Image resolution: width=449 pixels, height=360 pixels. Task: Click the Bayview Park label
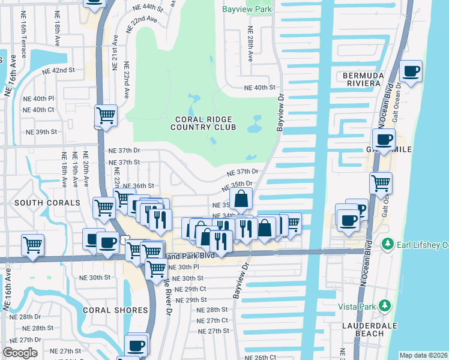[x=247, y=10]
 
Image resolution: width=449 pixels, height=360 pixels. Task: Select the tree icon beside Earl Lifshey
[x=388, y=244]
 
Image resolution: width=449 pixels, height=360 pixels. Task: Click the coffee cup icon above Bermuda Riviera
[x=411, y=71]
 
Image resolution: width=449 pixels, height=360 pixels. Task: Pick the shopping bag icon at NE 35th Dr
[x=241, y=199]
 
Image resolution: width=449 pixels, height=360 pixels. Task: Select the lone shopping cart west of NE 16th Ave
[x=32, y=244]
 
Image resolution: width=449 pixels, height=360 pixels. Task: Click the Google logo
[x=20, y=353]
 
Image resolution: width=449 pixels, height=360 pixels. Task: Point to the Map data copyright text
[x=423, y=355]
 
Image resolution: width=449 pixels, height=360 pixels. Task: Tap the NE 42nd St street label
[x=58, y=70]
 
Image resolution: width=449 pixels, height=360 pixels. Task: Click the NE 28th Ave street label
[x=252, y=48]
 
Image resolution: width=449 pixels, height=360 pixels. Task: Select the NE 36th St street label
[x=139, y=186]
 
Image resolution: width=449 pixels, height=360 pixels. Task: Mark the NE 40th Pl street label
[x=38, y=98]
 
